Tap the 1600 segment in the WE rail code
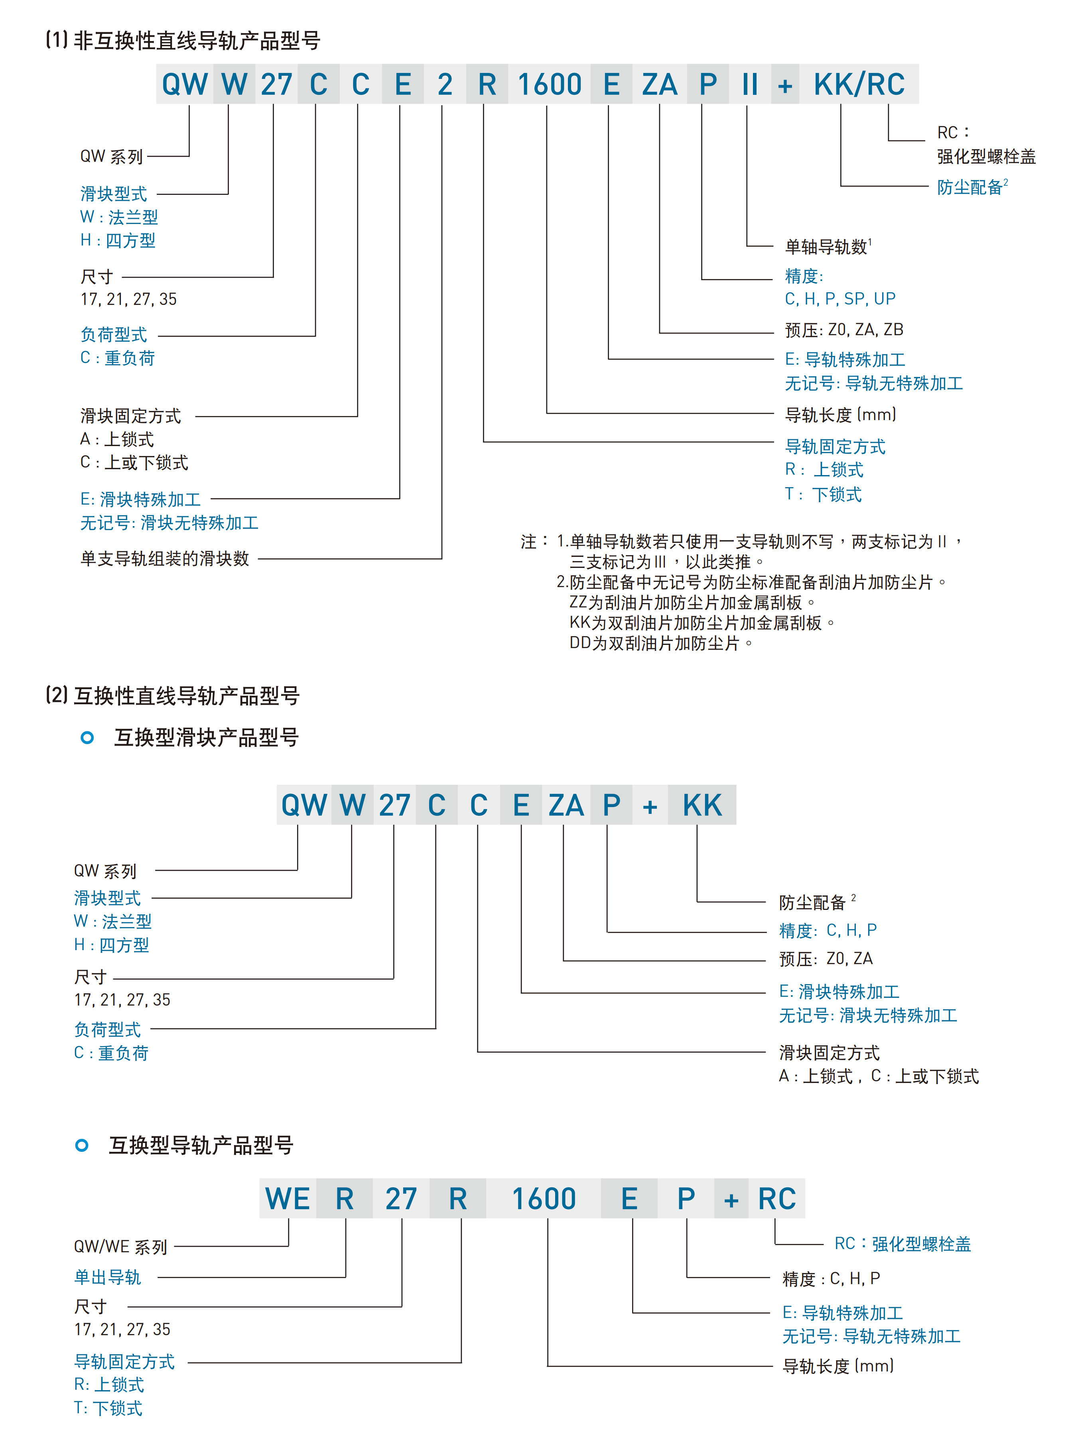(544, 1199)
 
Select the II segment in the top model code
(750, 84)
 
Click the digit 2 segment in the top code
(445, 84)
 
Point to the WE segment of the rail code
(287, 1199)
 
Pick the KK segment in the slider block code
(702, 805)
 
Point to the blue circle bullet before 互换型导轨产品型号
(82, 1145)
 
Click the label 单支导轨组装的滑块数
(165, 559)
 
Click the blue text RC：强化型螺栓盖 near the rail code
(902, 1243)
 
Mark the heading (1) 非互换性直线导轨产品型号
(183, 41)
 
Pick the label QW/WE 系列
(120, 1247)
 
